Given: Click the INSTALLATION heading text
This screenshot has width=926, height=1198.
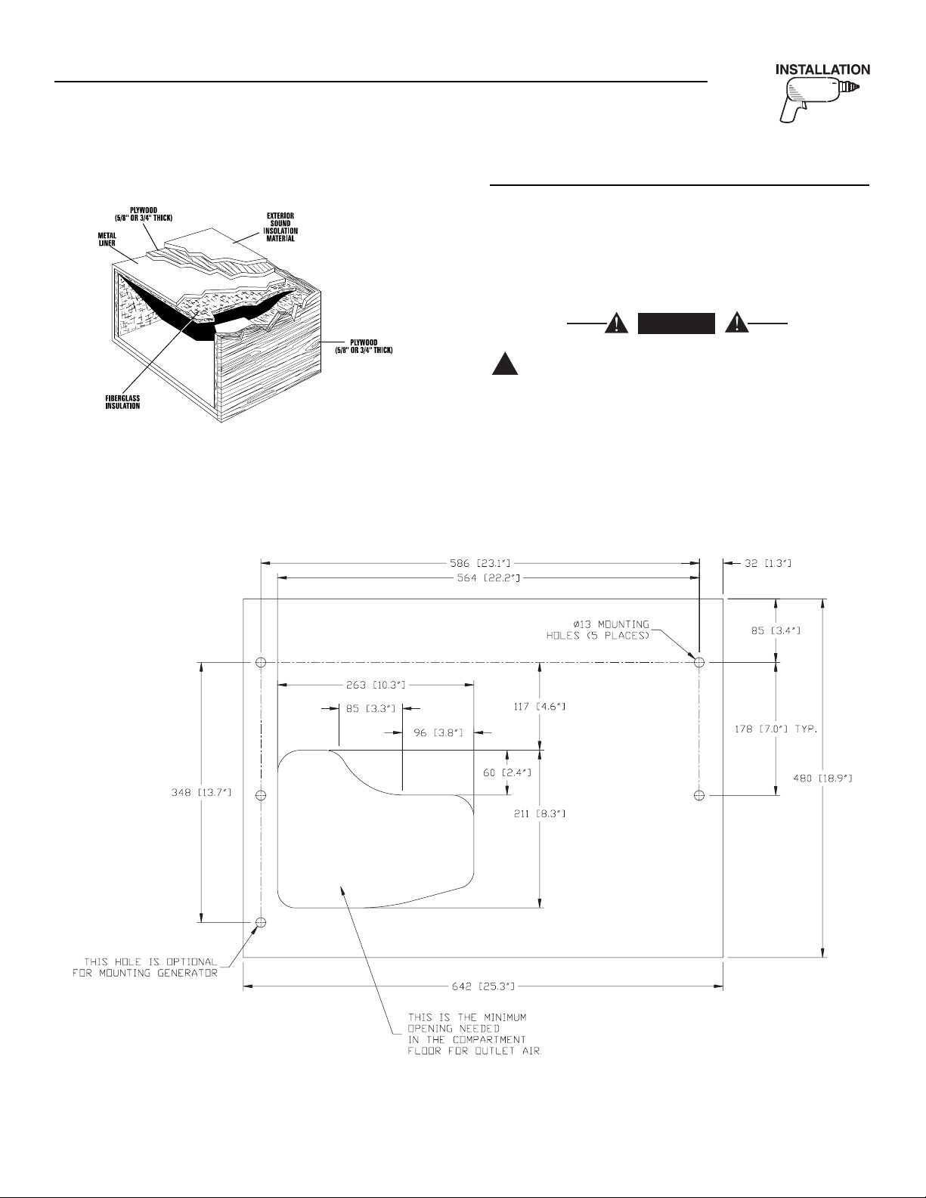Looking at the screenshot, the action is [823, 70].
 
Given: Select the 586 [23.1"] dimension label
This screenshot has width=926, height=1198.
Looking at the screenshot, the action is [477, 562].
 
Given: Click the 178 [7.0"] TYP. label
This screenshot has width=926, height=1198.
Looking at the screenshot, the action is [777, 729].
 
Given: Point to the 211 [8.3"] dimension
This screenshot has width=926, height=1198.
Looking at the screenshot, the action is [539, 814].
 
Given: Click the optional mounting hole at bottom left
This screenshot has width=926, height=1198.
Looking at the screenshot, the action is [261, 922].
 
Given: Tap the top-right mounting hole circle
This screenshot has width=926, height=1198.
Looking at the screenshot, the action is [699, 662].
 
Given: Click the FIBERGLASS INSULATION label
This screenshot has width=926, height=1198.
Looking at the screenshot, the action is [122, 401].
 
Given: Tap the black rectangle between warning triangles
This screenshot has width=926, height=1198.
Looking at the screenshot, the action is [677, 323].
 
